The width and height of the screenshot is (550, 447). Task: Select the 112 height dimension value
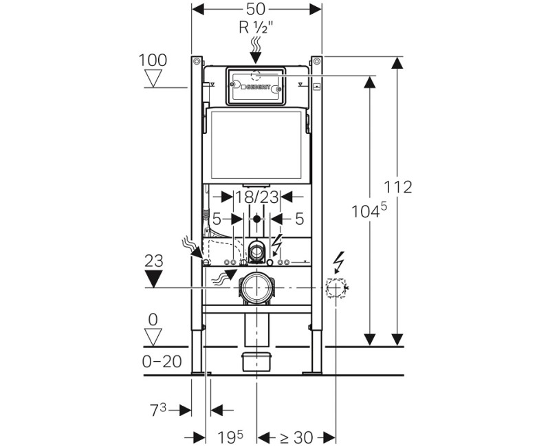pos(399,186)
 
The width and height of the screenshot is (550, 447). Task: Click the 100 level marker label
pos(153,60)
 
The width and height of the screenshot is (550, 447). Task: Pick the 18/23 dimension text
pos(256,197)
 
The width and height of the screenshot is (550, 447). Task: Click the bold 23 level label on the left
pos(153,261)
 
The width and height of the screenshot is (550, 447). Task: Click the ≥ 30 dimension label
pos(296,436)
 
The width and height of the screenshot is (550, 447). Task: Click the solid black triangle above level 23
pos(153,279)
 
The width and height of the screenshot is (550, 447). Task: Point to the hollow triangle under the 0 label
pos(153,336)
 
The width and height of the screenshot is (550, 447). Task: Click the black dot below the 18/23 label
pos(256,219)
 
